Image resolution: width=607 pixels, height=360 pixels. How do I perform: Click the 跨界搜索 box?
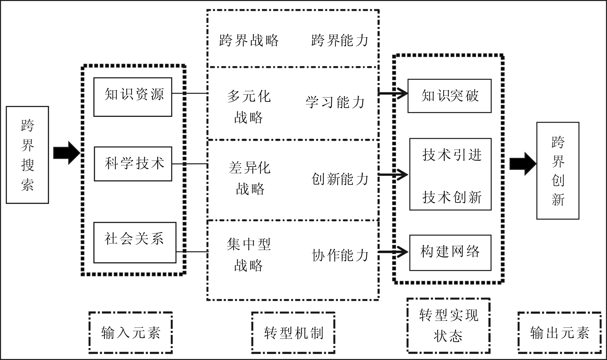[27, 155]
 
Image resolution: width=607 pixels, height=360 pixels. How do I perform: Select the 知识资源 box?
[133, 97]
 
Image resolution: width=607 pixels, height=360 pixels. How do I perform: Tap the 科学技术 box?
[133, 164]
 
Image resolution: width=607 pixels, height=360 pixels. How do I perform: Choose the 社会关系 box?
[135, 242]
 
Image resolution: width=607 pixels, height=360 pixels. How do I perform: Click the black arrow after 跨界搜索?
[67, 153]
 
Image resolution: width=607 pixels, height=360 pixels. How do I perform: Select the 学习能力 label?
[335, 102]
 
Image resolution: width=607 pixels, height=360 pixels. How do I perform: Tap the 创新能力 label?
[340, 179]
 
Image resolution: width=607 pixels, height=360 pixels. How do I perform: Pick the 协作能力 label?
[340, 255]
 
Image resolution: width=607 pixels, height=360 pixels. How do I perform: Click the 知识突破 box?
[449, 96]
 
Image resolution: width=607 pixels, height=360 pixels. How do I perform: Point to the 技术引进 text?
[452, 155]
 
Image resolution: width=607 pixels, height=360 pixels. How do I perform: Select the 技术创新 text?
[452, 197]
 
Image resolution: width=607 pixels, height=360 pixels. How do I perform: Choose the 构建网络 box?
[450, 253]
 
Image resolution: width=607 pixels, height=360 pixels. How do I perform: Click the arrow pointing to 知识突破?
[393, 93]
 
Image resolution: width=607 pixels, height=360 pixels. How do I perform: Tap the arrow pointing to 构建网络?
[393, 252]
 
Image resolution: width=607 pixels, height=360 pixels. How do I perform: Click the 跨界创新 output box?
[558, 171]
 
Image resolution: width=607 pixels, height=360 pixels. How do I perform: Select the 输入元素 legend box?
[131, 333]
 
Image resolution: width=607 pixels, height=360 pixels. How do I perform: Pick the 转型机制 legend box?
[293, 333]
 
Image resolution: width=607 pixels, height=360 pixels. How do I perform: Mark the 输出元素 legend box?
[559, 333]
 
